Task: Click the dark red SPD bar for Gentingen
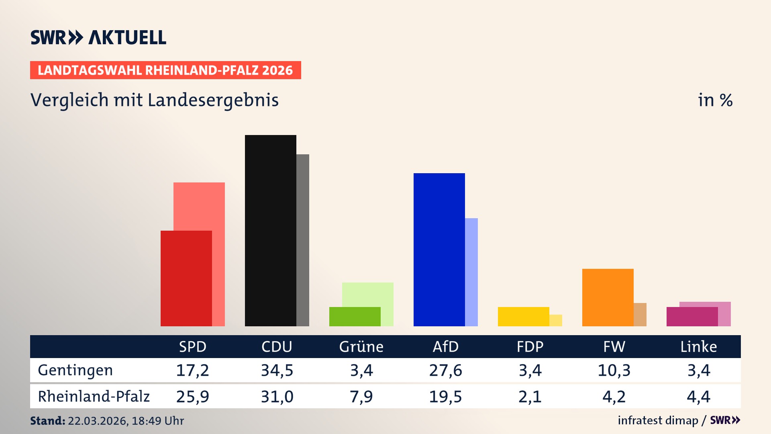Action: (186, 278)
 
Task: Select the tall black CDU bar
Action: (270, 230)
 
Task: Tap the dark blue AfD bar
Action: (439, 249)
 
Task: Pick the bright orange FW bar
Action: (608, 297)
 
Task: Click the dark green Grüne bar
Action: (355, 317)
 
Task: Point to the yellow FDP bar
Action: (523, 317)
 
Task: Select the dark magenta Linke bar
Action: (692, 317)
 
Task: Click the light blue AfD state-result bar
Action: (471, 272)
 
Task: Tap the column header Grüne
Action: (361, 346)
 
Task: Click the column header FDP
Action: (530, 346)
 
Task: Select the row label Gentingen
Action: (75, 370)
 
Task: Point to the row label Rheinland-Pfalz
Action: (94, 396)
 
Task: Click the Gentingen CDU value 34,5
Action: (277, 370)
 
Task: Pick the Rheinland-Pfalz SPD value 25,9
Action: (192, 397)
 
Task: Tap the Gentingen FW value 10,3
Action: (614, 370)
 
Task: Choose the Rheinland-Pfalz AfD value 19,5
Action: (445, 397)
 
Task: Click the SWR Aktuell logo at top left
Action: (98, 37)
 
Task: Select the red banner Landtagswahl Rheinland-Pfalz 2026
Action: (165, 70)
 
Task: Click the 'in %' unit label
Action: (715, 100)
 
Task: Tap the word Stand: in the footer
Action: (47, 421)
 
